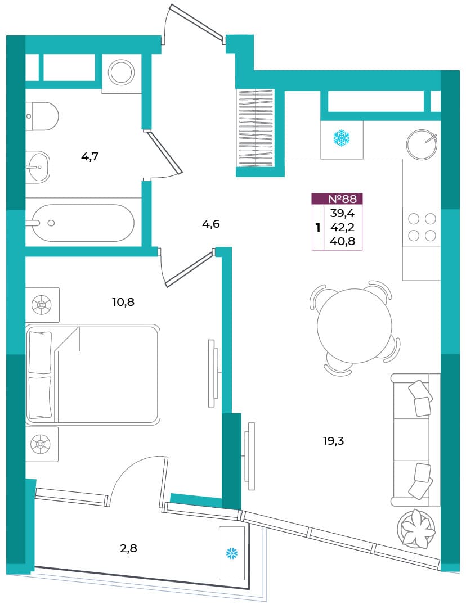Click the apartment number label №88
[x=342, y=199]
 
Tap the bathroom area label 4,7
[x=89, y=157]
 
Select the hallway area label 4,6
[x=211, y=224]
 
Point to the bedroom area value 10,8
[x=124, y=302]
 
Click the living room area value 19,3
[x=334, y=441]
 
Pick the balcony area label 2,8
[x=128, y=548]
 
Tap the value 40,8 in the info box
[x=342, y=242]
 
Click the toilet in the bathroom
[x=42, y=116]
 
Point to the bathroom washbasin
[x=38, y=167]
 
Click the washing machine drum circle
[x=121, y=72]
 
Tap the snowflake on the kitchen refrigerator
[x=342, y=139]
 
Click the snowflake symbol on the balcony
[x=232, y=553]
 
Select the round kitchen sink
[x=422, y=145]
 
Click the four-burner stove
[x=422, y=227]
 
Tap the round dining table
[x=355, y=326]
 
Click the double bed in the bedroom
[x=93, y=374]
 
